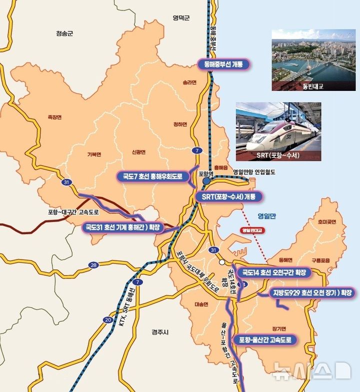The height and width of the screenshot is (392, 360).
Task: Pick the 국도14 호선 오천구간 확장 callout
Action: [273, 273]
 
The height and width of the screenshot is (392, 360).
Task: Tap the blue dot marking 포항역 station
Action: [206, 181]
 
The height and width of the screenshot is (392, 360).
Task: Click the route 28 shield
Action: [93, 265]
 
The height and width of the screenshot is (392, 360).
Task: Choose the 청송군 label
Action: [64, 33]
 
